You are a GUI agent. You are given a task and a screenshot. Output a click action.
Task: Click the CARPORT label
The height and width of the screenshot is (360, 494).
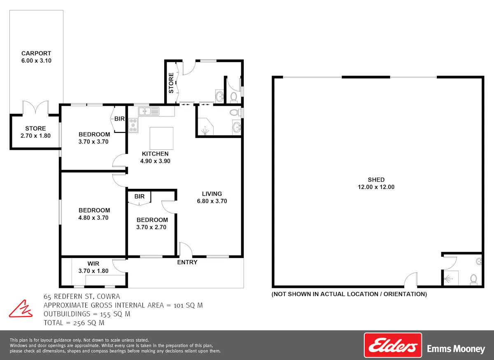[x=36, y=53]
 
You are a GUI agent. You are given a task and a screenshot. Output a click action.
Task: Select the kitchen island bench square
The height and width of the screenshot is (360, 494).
[x=161, y=138]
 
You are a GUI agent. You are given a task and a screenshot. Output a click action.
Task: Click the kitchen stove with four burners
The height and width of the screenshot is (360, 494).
[x=133, y=125]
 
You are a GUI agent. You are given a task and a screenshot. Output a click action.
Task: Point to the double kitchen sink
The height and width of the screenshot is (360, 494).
[x=148, y=111]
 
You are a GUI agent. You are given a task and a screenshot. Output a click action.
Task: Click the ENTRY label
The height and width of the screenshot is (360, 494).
[x=187, y=262]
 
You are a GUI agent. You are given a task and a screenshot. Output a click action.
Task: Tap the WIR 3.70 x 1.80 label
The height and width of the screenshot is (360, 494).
[x=93, y=267]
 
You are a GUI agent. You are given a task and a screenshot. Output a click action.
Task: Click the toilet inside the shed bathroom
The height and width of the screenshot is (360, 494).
[x=473, y=279]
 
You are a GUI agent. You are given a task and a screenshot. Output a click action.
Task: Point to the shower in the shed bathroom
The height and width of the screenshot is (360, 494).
[x=450, y=279]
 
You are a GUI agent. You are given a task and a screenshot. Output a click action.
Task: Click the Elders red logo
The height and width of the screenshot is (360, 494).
[x=393, y=345]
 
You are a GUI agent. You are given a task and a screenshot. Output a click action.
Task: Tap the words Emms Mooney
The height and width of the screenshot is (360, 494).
[x=456, y=349]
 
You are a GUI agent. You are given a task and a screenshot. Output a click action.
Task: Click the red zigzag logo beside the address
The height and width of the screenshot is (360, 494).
[x=21, y=309]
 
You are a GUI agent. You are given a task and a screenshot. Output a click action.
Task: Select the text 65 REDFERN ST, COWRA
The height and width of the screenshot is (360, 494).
[x=82, y=297]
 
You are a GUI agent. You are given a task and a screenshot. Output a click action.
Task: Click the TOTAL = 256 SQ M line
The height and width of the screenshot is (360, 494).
[x=74, y=323]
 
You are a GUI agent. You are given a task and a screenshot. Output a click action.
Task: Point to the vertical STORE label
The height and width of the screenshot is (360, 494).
[x=171, y=83]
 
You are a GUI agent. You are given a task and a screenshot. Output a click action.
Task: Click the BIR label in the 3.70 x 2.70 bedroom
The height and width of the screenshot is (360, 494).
[x=140, y=196]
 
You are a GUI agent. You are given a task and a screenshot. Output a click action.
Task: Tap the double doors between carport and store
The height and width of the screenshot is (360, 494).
[x=35, y=107]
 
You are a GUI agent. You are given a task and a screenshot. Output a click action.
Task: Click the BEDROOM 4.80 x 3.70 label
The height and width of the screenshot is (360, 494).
[x=94, y=214]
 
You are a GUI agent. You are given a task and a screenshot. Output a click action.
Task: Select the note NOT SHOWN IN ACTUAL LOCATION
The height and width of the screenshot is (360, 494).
[x=350, y=294]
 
